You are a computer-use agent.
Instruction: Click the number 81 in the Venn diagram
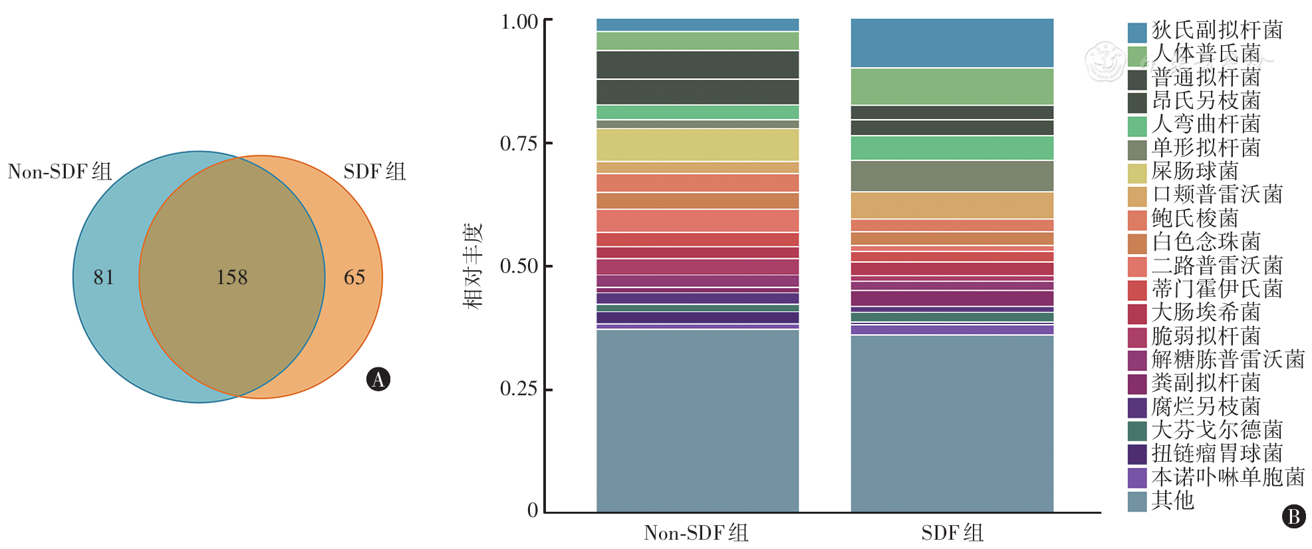[104, 277]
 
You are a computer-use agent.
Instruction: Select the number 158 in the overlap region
[232, 277]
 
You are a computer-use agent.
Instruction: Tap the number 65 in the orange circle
[354, 277]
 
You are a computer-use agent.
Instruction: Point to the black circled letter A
[378, 379]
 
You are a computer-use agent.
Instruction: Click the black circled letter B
[1294, 516]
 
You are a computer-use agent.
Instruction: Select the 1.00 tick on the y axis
[519, 22]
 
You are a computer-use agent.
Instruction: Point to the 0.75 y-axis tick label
[519, 144]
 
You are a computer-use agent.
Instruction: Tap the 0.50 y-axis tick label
[519, 266]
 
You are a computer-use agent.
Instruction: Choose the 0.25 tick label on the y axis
[519, 389]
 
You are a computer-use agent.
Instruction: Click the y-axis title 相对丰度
[473, 266]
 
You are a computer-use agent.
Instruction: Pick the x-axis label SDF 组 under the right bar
[952, 533]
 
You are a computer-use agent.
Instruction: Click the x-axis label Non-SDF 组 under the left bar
[696, 533]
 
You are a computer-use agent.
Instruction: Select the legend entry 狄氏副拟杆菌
[1217, 30]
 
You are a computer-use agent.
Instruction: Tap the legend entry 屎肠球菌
[1195, 171]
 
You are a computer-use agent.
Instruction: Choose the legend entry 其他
[1173, 500]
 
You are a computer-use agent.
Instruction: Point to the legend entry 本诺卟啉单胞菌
[1228, 477]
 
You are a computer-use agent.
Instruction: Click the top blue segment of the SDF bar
[952, 43]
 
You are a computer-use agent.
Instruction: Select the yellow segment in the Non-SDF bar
[698, 145]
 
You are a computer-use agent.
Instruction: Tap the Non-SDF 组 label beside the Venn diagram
[60, 172]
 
